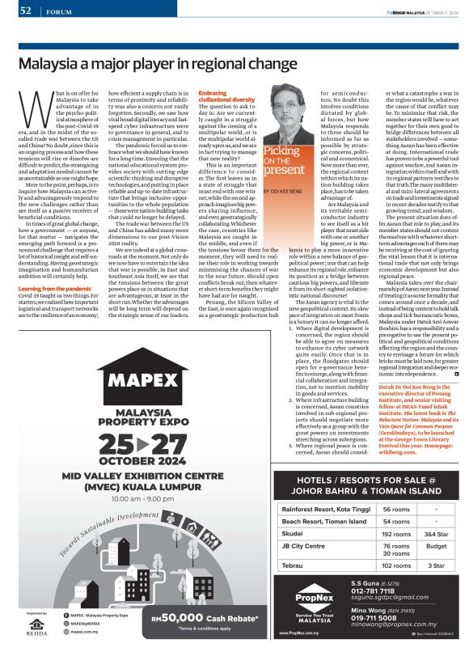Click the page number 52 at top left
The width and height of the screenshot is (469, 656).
tap(25, 11)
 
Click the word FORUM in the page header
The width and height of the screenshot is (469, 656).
tap(57, 11)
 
